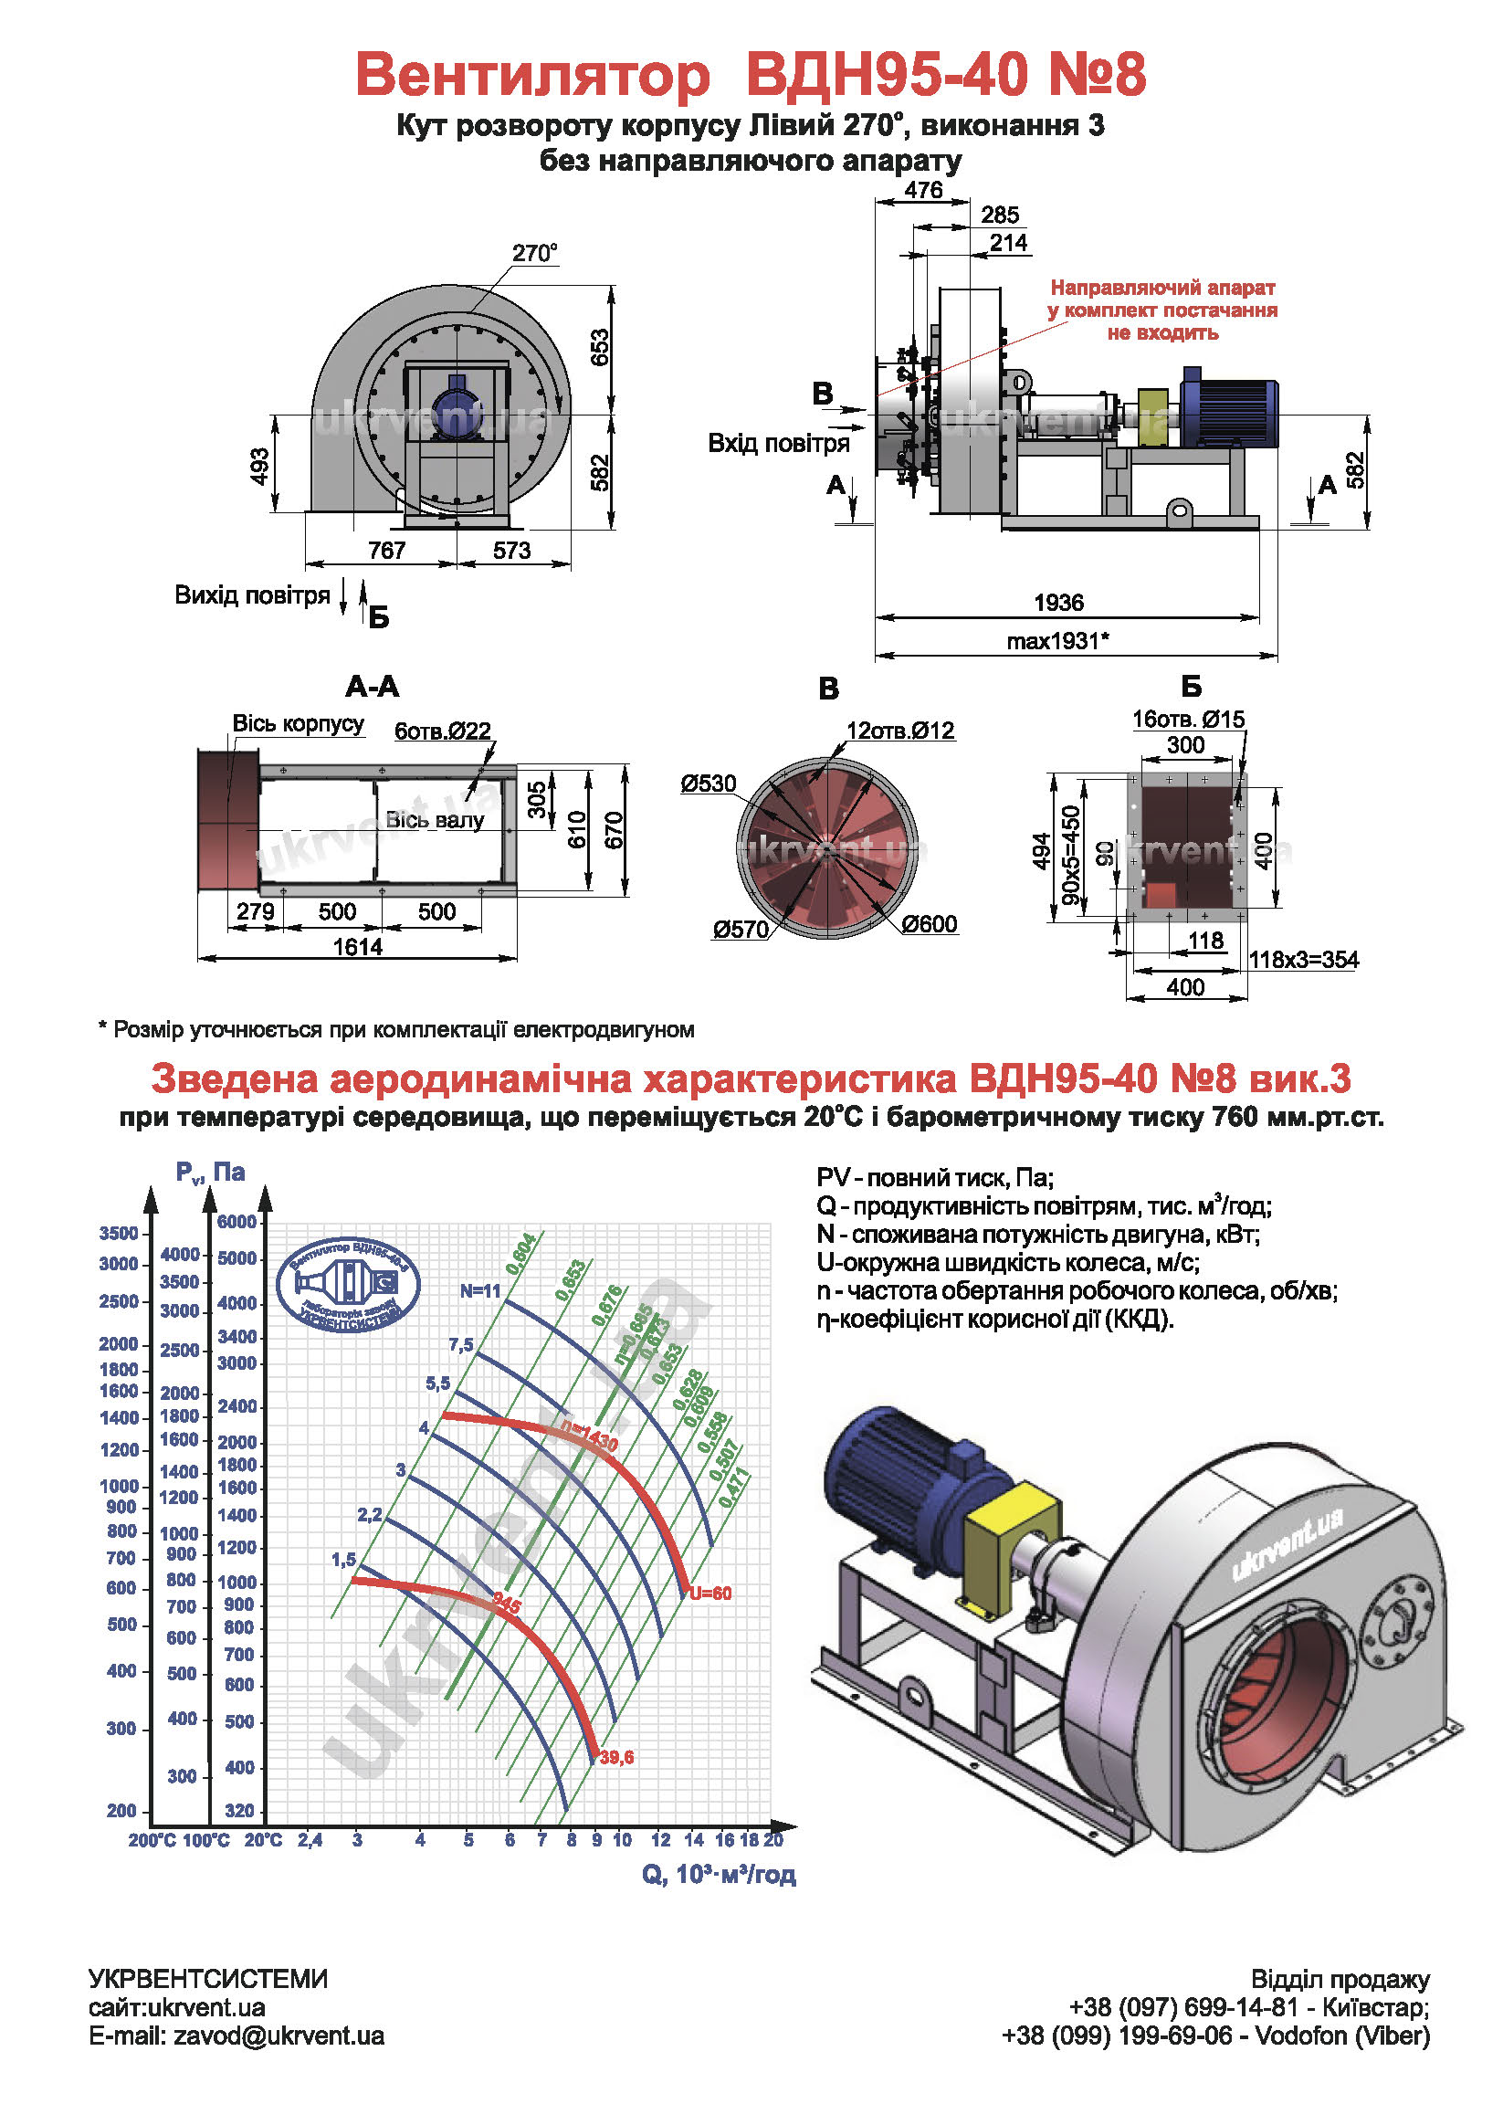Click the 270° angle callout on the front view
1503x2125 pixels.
(x=535, y=253)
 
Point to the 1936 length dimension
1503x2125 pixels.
(x=1057, y=603)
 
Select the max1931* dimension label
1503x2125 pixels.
(x=1057, y=640)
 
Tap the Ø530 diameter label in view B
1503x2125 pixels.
(x=708, y=784)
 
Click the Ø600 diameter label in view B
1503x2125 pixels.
(x=930, y=923)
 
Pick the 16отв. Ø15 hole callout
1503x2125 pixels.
(x=1188, y=719)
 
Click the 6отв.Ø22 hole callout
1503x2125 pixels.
(x=442, y=731)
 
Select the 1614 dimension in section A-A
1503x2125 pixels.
(x=357, y=947)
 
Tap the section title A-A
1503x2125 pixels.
(x=372, y=687)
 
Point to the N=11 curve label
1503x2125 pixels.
(x=480, y=1291)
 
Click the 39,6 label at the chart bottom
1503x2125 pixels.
(x=617, y=1758)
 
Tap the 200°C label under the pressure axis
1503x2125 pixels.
(x=152, y=1841)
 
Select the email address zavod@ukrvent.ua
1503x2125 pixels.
(x=279, y=2036)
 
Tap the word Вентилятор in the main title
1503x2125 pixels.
(x=533, y=74)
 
